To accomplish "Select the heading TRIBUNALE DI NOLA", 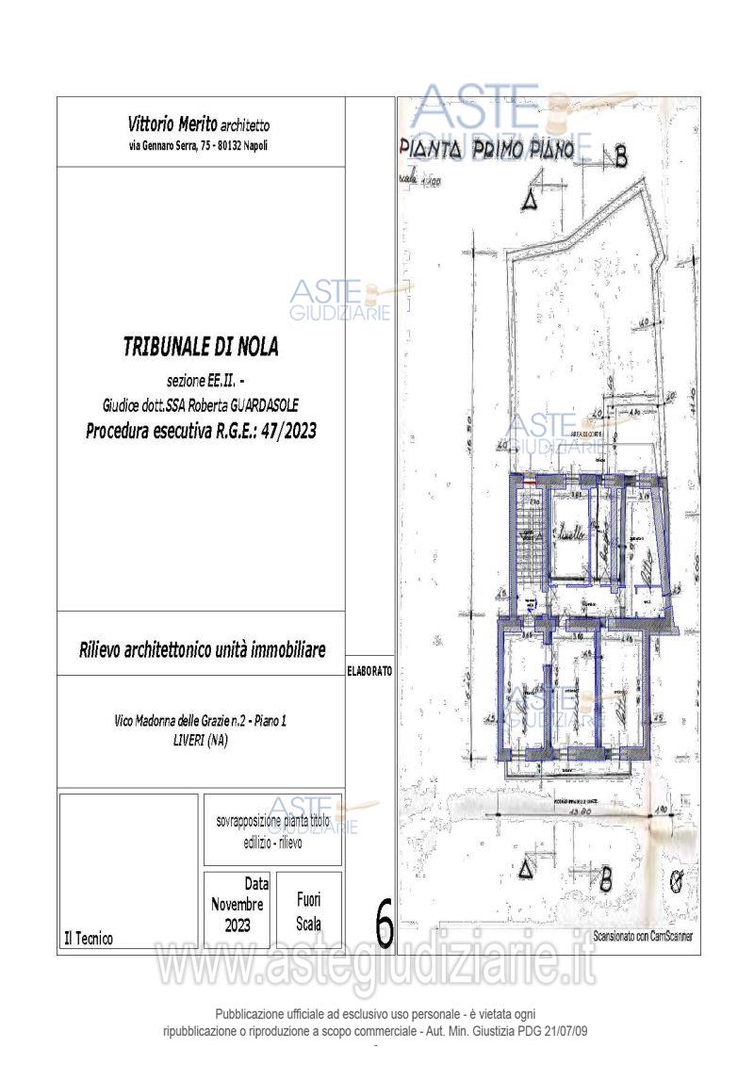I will [x=201, y=347].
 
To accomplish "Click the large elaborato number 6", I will [x=384, y=927].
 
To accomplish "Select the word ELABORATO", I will [x=370, y=671].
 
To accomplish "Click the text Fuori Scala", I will [x=308, y=912].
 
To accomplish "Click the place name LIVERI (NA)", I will [x=201, y=741].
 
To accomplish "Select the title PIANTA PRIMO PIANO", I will [x=487, y=151].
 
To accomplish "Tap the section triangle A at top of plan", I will [x=530, y=200].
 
